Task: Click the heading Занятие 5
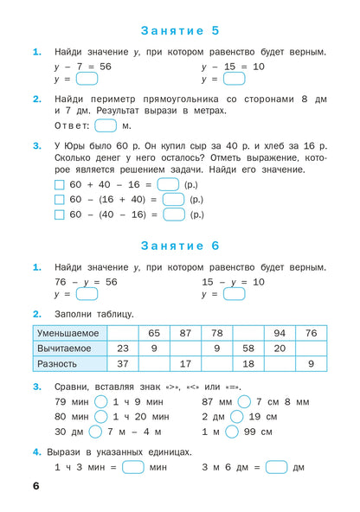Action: point(180,31)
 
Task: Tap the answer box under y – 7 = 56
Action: point(87,79)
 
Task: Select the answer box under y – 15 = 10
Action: point(234,79)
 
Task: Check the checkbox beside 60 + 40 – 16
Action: point(59,185)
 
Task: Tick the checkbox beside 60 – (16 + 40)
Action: point(59,200)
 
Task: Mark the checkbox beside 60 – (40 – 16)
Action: point(59,214)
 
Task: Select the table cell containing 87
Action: point(185,333)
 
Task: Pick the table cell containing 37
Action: point(123,363)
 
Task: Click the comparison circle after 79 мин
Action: point(100,401)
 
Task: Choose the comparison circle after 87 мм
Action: point(244,401)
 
